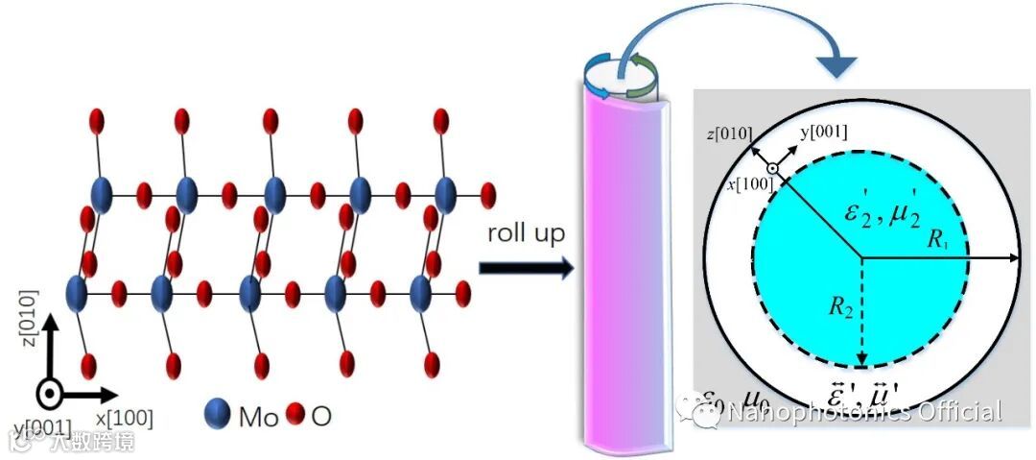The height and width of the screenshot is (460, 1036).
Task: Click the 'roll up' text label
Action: (x=524, y=233)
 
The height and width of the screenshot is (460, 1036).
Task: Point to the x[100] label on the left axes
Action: (x=123, y=418)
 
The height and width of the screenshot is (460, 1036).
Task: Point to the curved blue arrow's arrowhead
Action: (x=837, y=65)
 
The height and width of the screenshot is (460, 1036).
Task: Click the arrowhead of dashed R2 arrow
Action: (x=861, y=361)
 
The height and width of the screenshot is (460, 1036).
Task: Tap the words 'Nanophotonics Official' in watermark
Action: (x=863, y=413)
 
